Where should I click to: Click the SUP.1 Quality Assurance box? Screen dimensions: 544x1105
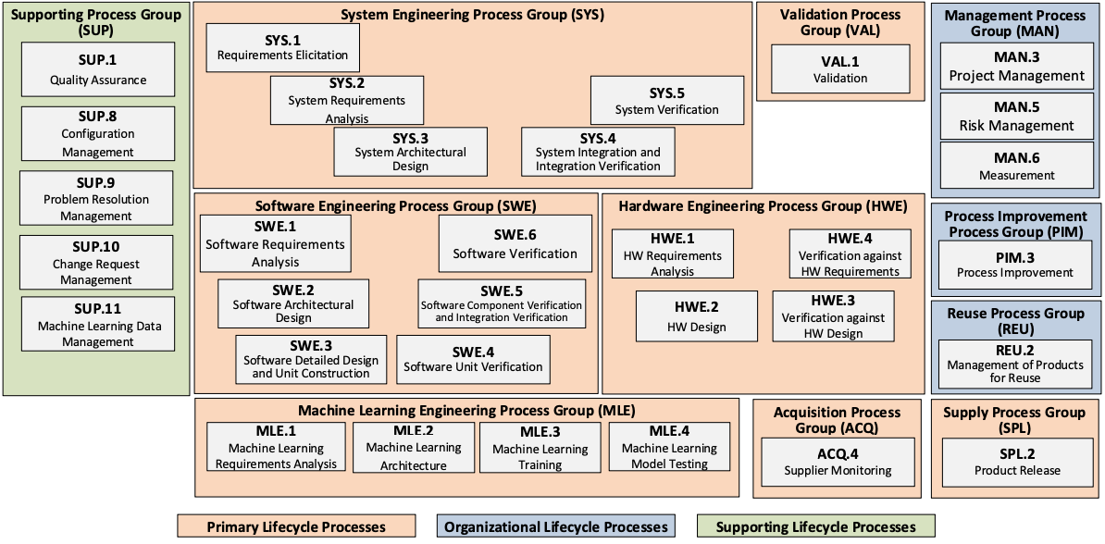pyautogui.click(x=97, y=69)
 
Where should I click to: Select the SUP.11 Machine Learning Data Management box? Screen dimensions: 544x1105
pyautogui.click(x=98, y=324)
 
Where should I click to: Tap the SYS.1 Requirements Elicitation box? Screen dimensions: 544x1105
pyautogui.click(x=282, y=48)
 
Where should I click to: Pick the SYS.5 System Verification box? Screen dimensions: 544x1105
pyautogui.click(x=666, y=101)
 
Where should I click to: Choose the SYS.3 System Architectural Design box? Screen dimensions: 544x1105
pyautogui.click(x=410, y=152)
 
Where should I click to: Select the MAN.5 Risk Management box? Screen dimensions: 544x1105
pyautogui.click(x=1016, y=116)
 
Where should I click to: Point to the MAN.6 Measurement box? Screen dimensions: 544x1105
pyautogui.click(x=1016, y=166)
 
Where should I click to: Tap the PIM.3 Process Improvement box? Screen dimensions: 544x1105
pyautogui.click(x=1015, y=264)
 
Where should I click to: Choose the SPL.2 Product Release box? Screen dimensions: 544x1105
pyautogui.click(x=1015, y=461)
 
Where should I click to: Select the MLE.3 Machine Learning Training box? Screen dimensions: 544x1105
pyautogui.click(x=540, y=448)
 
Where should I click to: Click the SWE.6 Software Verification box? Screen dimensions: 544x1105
pyautogui.click(x=515, y=244)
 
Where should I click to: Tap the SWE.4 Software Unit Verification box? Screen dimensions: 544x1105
pyautogui.click(x=473, y=359)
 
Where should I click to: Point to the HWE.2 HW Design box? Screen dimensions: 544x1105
pyautogui.click(x=696, y=316)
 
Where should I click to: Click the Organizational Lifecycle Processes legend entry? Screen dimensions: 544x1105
pyautogui.click(x=555, y=527)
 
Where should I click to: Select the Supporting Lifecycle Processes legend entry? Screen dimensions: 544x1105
pyautogui.click(x=815, y=527)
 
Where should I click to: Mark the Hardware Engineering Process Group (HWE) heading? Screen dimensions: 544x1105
pyautogui.click(x=763, y=206)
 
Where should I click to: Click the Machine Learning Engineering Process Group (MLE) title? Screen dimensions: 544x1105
pyautogui.click(x=466, y=410)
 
